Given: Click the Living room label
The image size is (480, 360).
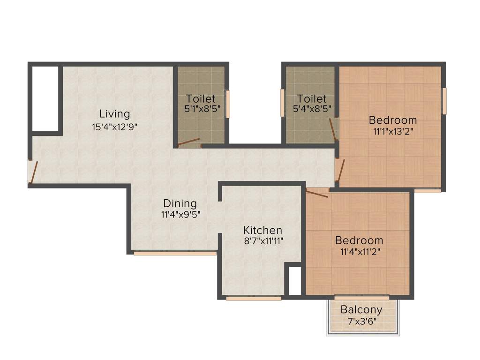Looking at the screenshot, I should click(114, 114).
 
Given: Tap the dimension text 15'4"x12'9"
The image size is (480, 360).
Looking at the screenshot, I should click(114, 126).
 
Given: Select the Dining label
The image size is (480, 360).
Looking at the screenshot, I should click(180, 203).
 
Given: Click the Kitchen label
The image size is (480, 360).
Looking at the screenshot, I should click(262, 230).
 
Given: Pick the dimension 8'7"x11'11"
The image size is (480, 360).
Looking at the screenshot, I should click(262, 241).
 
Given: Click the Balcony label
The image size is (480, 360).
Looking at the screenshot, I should click(361, 310).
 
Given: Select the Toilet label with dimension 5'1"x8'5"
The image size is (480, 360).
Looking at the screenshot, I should click(201, 99).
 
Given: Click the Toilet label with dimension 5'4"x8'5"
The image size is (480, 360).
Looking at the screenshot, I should click(312, 99).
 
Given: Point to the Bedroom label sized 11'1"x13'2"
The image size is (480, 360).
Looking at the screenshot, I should click(392, 120).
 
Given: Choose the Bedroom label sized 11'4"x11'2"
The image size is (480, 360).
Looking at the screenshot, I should click(359, 240).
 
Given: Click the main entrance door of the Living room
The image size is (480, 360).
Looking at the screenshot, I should click(32, 172).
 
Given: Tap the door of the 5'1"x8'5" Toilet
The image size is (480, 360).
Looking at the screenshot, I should click(189, 142).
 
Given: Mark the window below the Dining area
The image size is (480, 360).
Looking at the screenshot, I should click(175, 253).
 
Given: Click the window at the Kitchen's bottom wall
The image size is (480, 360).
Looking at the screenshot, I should click(254, 298).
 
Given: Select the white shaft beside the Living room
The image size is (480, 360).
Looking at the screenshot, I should click(45, 99).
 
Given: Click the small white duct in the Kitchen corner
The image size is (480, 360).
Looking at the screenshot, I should click(295, 281).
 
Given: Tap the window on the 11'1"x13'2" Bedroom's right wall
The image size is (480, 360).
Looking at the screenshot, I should click(444, 101).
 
